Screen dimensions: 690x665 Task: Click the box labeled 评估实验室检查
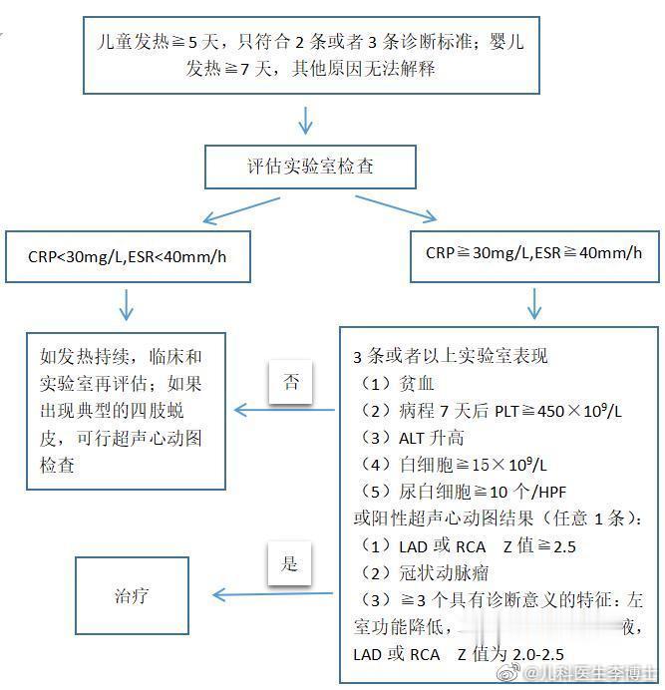click(310, 166)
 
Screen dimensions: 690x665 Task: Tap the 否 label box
click(290, 383)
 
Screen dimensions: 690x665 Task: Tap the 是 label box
click(289, 564)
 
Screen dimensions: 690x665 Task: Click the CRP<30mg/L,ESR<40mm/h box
click(127, 256)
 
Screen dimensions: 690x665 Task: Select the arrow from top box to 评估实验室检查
click(306, 121)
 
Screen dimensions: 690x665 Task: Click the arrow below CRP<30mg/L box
click(128, 304)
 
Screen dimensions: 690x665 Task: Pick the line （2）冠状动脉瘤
click(419, 573)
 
